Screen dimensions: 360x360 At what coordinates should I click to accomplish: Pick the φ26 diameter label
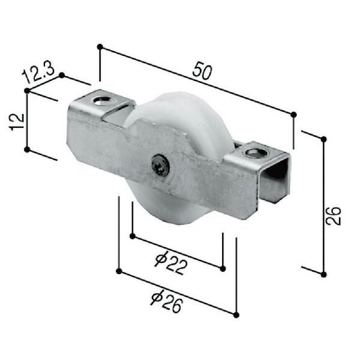(166, 298)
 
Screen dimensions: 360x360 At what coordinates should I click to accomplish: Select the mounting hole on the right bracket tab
(256, 152)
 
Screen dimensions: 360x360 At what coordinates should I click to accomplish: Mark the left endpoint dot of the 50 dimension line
(100, 46)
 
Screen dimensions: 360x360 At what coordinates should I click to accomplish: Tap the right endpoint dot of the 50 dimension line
(293, 115)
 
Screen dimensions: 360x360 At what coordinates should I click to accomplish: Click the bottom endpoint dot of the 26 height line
(324, 274)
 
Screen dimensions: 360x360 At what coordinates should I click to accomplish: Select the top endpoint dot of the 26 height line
(324, 139)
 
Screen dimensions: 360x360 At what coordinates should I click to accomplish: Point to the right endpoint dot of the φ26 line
(236, 314)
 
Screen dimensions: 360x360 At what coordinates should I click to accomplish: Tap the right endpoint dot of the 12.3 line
(62, 76)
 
